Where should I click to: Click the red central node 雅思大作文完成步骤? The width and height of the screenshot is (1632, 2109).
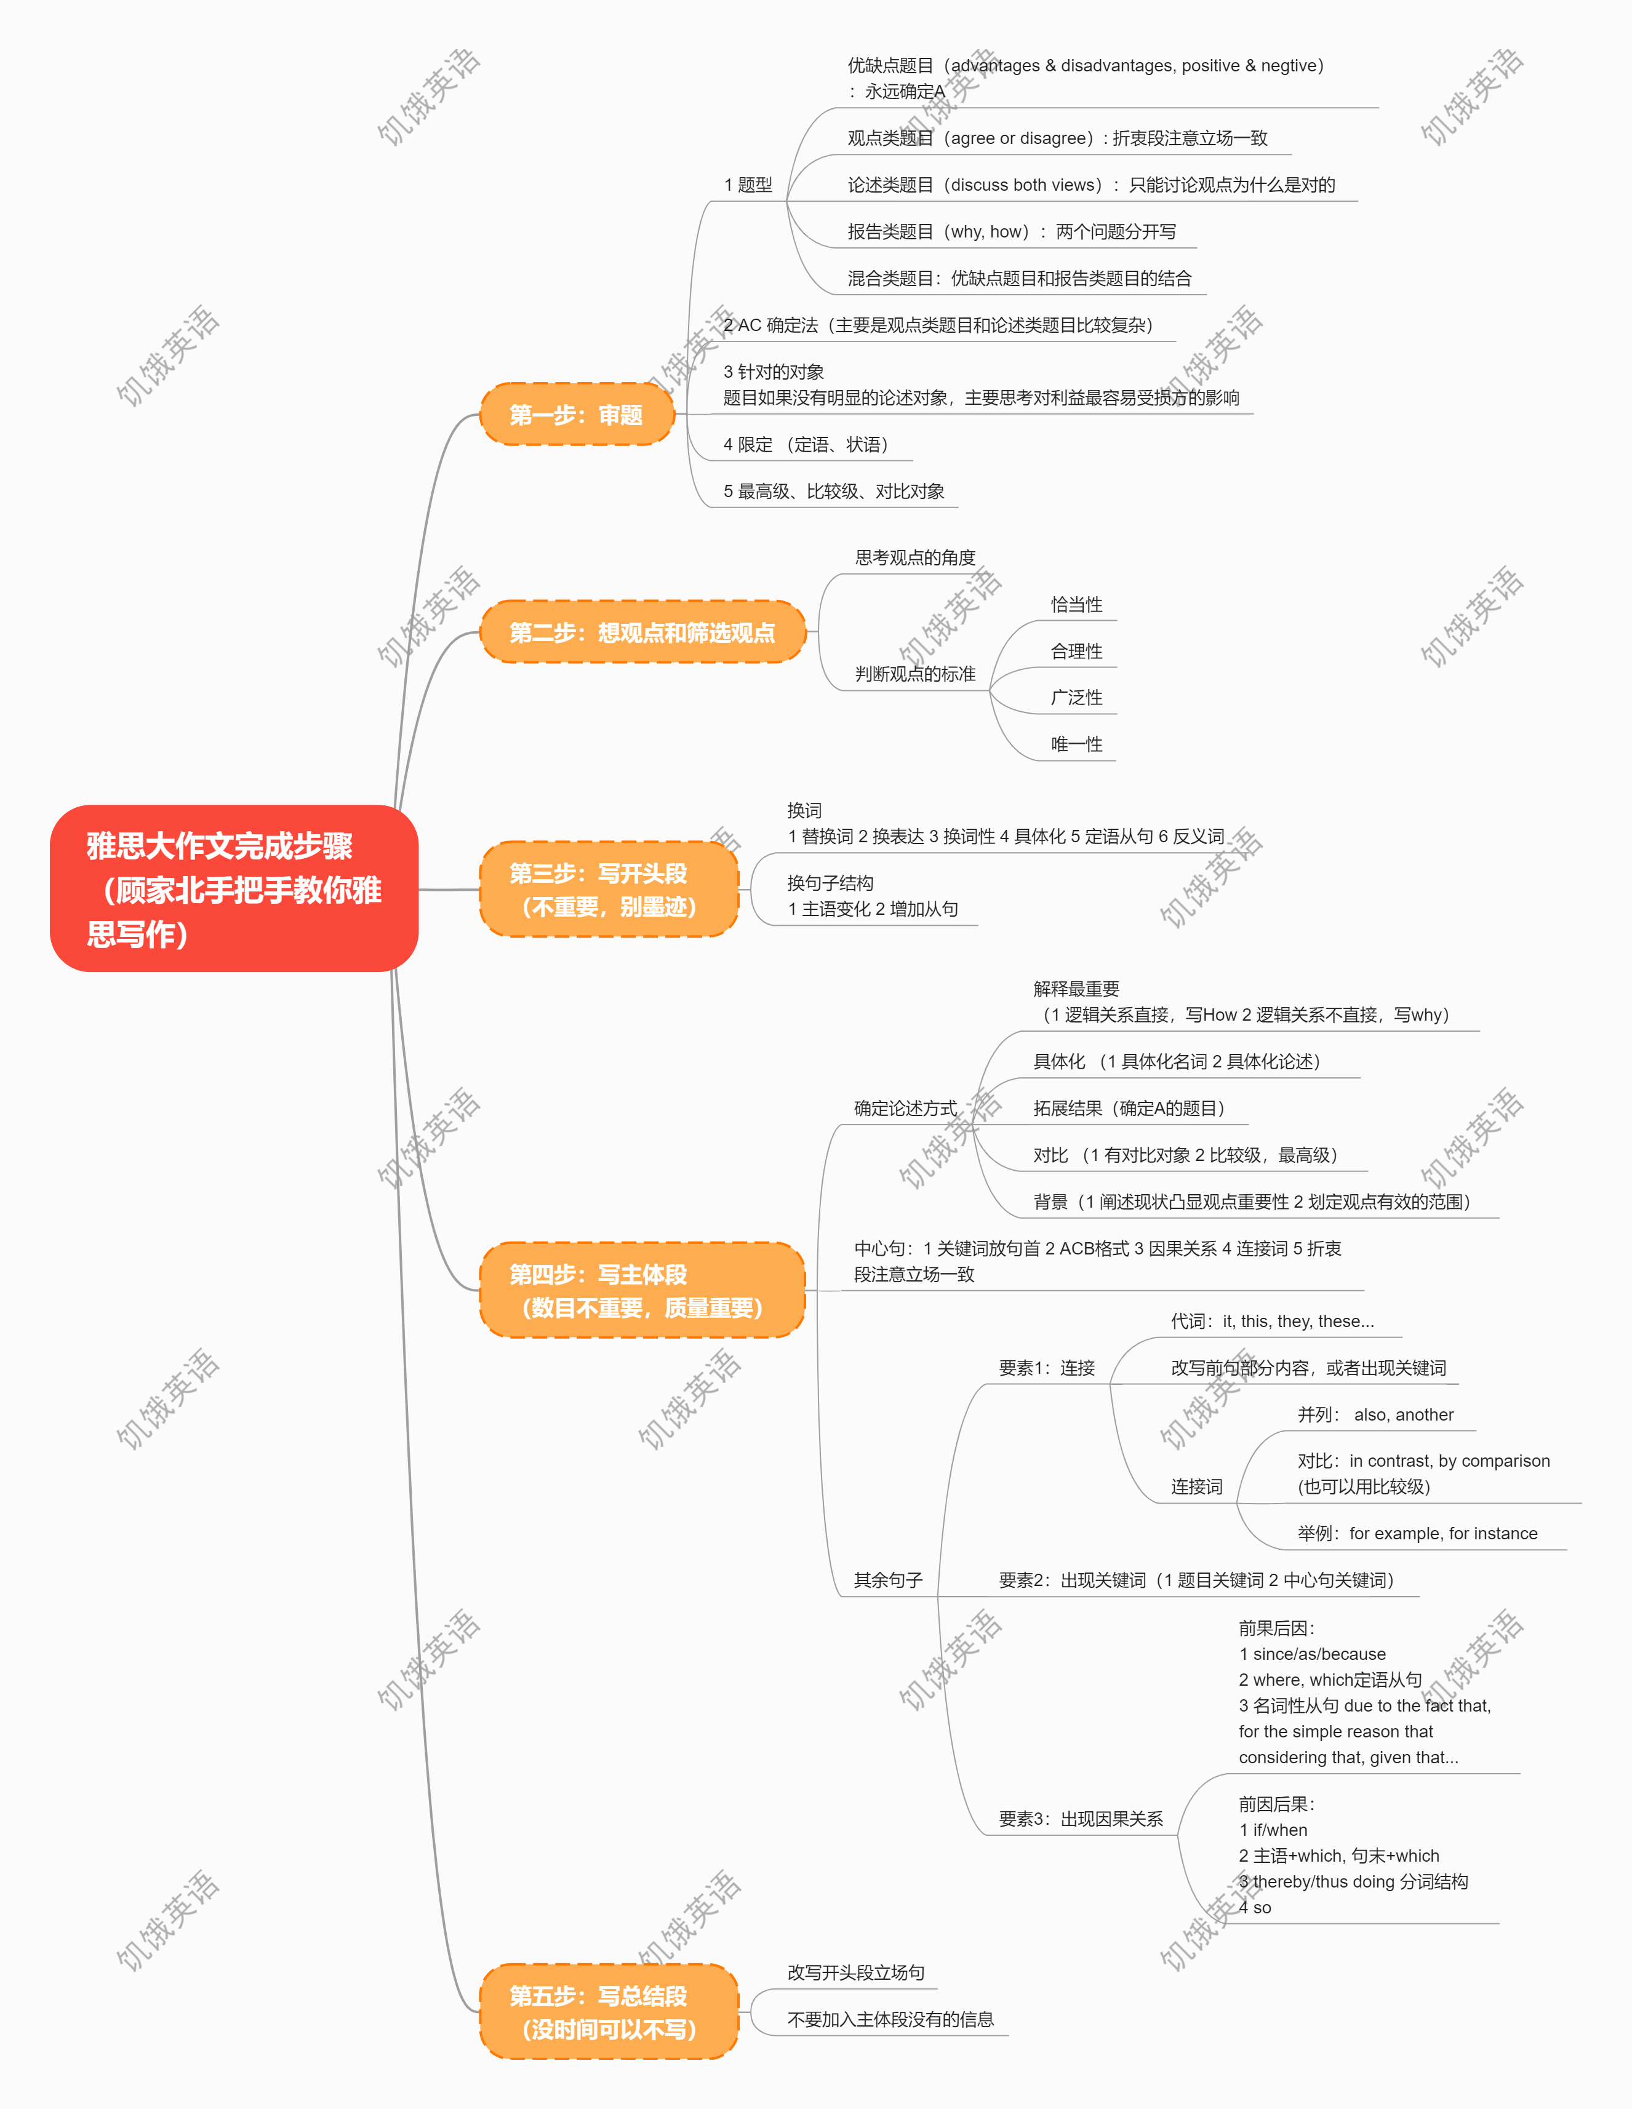(x=234, y=888)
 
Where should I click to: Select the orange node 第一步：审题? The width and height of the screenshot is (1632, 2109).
(x=577, y=414)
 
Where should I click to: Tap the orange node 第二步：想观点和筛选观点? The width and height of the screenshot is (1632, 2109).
(x=642, y=632)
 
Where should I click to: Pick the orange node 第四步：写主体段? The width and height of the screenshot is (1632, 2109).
(x=642, y=1290)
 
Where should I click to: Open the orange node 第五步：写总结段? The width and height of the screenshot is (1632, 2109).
(x=609, y=2011)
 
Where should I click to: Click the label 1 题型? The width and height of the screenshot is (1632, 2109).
(x=748, y=185)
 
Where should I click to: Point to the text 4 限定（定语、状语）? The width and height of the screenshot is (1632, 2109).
(x=806, y=444)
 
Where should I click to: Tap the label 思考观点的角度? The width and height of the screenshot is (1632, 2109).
(x=916, y=557)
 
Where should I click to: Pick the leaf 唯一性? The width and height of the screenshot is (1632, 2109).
(x=1077, y=744)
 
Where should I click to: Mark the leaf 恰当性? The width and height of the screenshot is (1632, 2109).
(x=1077, y=605)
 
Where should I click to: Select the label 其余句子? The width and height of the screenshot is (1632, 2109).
(x=889, y=1580)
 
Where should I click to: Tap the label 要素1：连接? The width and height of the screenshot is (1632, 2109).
(x=1047, y=1368)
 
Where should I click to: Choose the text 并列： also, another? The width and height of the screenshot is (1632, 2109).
(x=1375, y=1414)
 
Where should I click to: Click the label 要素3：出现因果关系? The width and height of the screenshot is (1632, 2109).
(x=1081, y=1819)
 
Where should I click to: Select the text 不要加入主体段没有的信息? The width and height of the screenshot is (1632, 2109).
(x=890, y=2019)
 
